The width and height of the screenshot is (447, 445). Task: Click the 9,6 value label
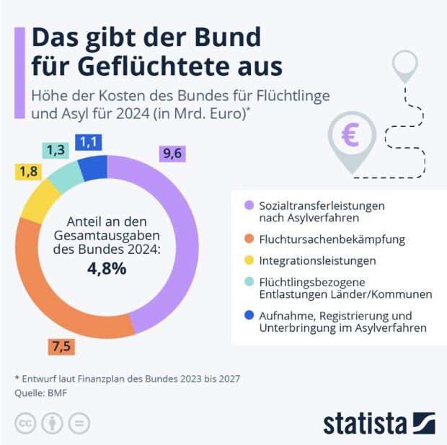pyautogui.click(x=172, y=153)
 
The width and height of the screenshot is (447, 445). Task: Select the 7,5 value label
pyautogui.click(x=61, y=347)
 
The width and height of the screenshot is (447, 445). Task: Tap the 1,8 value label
pyautogui.click(x=27, y=172)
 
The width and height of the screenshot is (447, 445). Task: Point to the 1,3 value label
pyautogui.click(x=53, y=150)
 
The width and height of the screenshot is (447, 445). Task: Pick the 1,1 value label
pyautogui.click(x=89, y=142)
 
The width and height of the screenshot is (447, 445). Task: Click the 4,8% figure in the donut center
pyautogui.click(x=107, y=269)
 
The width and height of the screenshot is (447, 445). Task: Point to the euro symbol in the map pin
pyautogui.click(x=350, y=135)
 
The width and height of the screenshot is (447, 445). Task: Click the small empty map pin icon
pyautogui.click(x=404, y=66)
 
